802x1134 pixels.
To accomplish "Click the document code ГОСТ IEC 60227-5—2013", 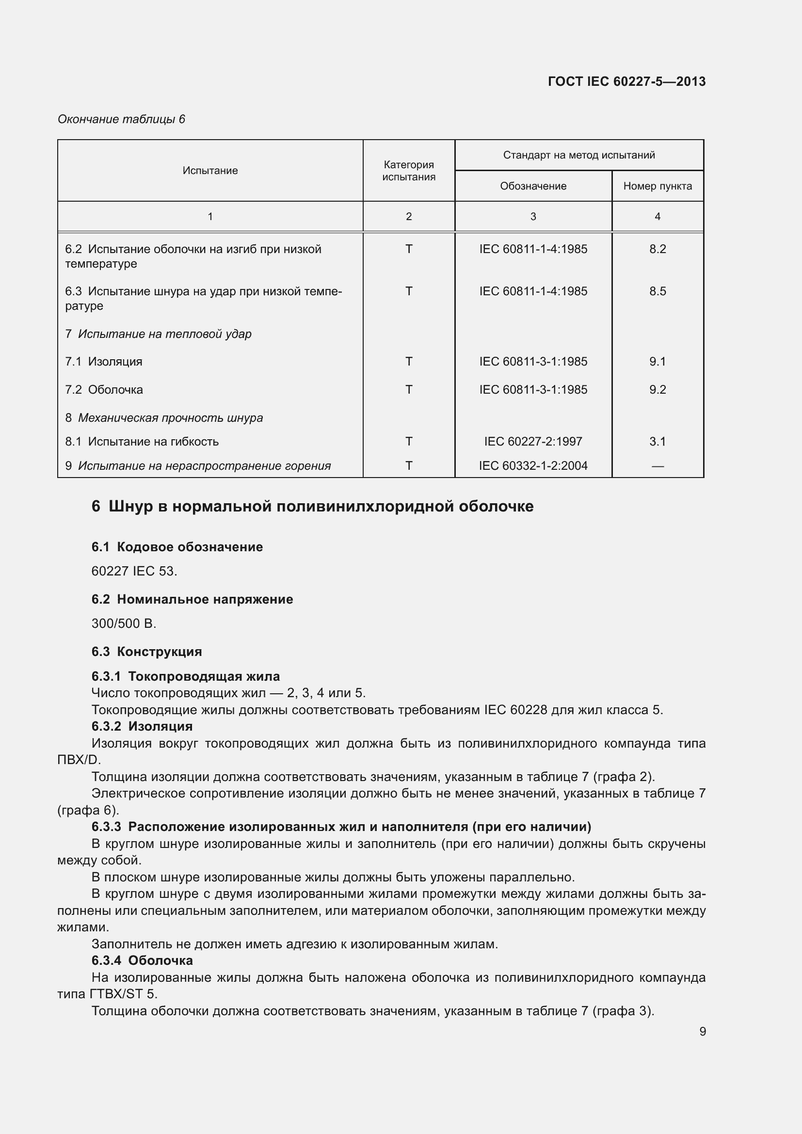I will pos(626,81).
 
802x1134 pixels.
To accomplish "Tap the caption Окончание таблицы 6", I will pos(121,119).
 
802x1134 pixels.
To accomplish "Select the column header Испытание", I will pos(210,170).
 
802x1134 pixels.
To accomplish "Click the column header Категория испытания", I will pos(408,170).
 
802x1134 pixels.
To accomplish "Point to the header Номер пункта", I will pos(658,186).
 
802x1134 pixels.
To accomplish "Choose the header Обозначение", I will pos(533,186).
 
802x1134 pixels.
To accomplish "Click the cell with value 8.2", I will pos(658,249).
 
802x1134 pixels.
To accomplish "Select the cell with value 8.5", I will pos(658,291).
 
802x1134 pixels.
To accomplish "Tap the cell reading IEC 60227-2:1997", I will pos(533,441).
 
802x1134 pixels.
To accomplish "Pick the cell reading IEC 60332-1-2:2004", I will pos(533,465).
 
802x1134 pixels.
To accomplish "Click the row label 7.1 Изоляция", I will pos(104,362).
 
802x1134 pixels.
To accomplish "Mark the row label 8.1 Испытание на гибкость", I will pos(142,442).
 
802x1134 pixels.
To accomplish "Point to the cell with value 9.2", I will pos(658,390).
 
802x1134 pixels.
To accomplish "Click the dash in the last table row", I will pos(658,466).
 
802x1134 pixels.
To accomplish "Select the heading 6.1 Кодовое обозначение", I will pos(177,547).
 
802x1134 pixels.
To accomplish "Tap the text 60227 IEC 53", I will pos(134,571).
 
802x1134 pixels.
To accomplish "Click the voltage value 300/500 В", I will pos(124,623).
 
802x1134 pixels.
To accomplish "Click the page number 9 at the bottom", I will pos(702,1031).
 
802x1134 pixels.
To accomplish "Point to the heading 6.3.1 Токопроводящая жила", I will pos(185,676).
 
